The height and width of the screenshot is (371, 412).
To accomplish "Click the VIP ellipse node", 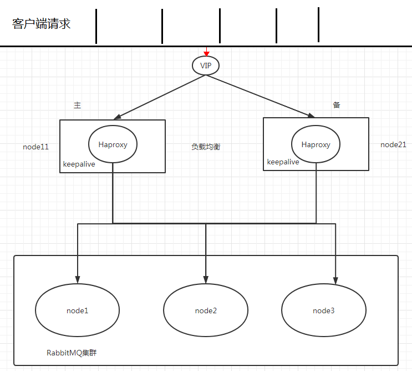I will tap(206, 66).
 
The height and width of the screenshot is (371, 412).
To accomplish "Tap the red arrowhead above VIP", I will tap(206, 53).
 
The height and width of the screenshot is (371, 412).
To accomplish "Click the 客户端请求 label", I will tap(41, 24).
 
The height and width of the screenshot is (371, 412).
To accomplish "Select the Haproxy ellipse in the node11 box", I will tap(113, 144).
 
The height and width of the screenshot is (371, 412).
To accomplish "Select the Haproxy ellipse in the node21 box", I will tap(316, 144).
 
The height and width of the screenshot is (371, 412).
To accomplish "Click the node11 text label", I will tap(35, 147).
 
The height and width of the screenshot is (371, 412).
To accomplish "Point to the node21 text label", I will tap(393, 144).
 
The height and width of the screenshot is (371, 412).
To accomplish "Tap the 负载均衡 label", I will tap(206, 147).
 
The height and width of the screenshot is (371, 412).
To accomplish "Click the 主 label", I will tap(77, 105).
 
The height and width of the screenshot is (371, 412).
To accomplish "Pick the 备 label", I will tap(336, 104).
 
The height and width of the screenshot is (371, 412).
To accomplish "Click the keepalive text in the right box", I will tap(283, 162).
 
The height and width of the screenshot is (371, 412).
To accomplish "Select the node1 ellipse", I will tap(77, 310).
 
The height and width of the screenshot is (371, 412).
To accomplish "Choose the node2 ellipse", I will tap(206, 310).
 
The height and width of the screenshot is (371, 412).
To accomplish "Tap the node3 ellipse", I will tap(324, 310).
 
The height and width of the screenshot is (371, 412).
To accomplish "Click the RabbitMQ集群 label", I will tap(75, 352).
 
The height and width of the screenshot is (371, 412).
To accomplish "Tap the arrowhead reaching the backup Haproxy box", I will tap(311, 115).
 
